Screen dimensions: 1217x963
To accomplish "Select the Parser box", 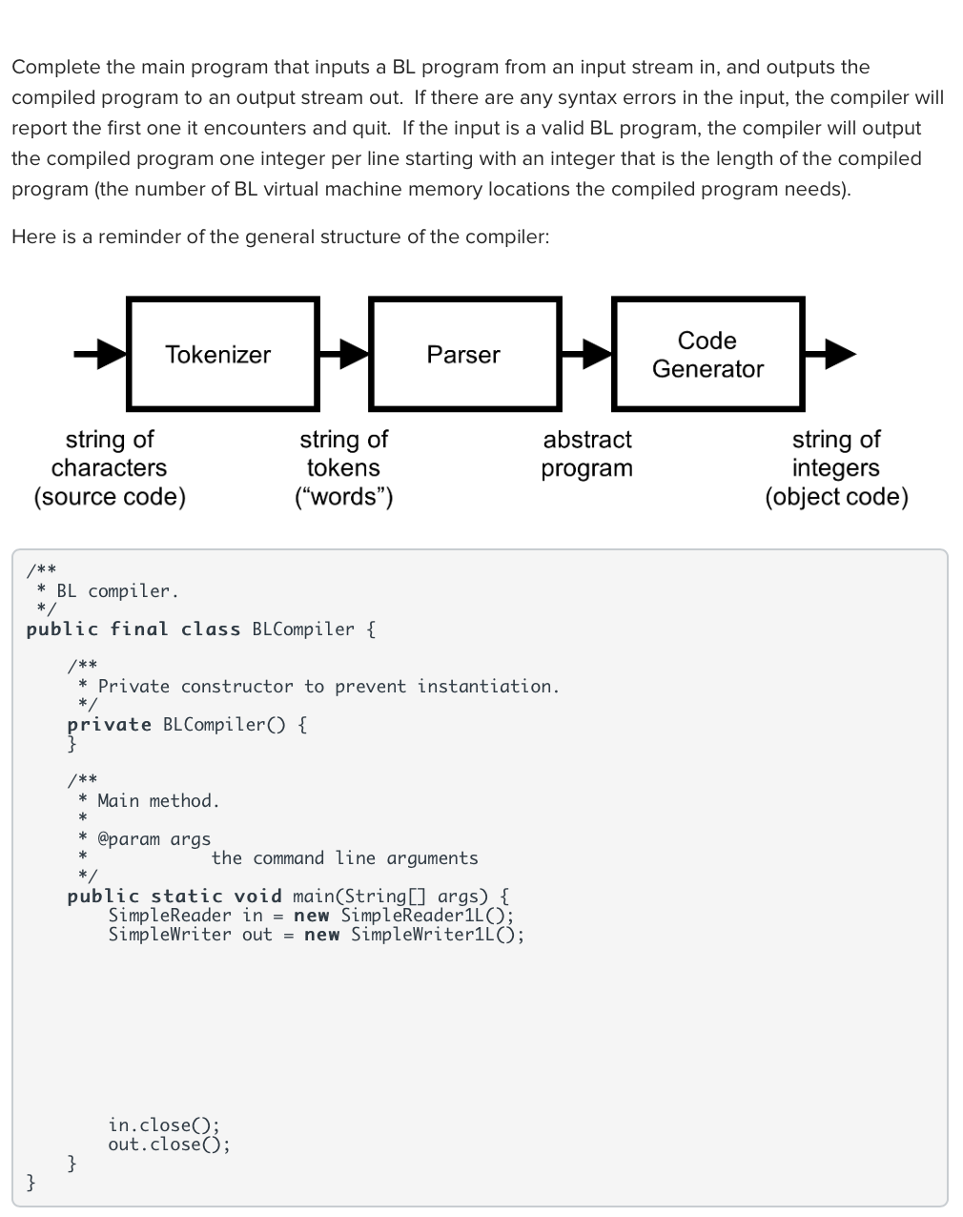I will (463, 354).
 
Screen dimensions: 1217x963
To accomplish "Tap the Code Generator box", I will (707, 354).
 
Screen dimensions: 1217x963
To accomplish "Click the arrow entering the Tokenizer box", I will (100, 355).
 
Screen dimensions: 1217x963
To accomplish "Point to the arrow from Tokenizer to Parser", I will (344, 355).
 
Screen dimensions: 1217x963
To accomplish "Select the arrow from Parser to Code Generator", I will (586, 355).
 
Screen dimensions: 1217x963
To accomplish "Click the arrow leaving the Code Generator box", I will (830, 355).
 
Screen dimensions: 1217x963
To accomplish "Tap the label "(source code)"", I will (110, 497).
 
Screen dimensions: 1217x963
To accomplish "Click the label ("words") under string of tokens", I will (344, 497).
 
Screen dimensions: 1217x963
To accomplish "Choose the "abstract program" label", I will (586, 454).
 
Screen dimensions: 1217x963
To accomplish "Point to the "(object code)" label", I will (836, 497).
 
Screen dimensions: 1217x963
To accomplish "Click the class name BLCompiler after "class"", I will (303, 629).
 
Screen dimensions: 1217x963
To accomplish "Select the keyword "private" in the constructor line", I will (110, 725).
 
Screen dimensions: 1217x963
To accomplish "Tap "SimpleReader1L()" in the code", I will (427, 916).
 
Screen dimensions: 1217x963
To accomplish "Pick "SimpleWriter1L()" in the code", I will (437, 935).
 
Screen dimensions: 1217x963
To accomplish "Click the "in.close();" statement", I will (163, 1125).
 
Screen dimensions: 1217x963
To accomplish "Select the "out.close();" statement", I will (169, 1145).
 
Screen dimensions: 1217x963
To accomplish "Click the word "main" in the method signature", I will (314, 897).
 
